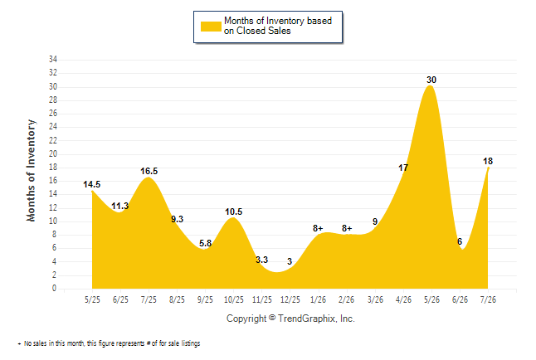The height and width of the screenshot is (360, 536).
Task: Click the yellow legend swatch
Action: (211, 27)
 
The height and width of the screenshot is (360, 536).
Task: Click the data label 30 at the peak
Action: (431, 80)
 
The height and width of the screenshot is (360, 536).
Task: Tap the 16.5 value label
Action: (149, 171)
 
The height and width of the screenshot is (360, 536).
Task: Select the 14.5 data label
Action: (91, 184)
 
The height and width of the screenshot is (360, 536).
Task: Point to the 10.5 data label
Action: (233, 212)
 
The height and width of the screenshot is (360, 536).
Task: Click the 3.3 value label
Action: (262, 260)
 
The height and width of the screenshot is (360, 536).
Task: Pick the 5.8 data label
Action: (206, 243)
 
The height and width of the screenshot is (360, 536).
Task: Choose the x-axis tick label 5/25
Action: (92, 299)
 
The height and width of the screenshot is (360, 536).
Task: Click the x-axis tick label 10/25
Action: (234, 299)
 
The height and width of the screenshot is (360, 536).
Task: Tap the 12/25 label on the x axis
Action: (290, 299)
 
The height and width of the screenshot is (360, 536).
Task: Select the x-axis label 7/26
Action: (488, 299)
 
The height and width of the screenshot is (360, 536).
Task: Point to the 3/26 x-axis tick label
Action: (375, 299)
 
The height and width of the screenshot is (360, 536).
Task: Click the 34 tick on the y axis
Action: (53, 59)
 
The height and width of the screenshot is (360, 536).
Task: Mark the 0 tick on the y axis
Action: (54, 288)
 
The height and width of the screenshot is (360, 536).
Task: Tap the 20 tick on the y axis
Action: (53, 153)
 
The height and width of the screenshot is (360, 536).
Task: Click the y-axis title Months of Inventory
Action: (31, 170)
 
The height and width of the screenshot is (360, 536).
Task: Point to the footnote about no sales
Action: (109, 343)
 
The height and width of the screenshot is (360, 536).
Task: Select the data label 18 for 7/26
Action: (488, 161)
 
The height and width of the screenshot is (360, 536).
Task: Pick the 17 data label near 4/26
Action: (403, 168)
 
